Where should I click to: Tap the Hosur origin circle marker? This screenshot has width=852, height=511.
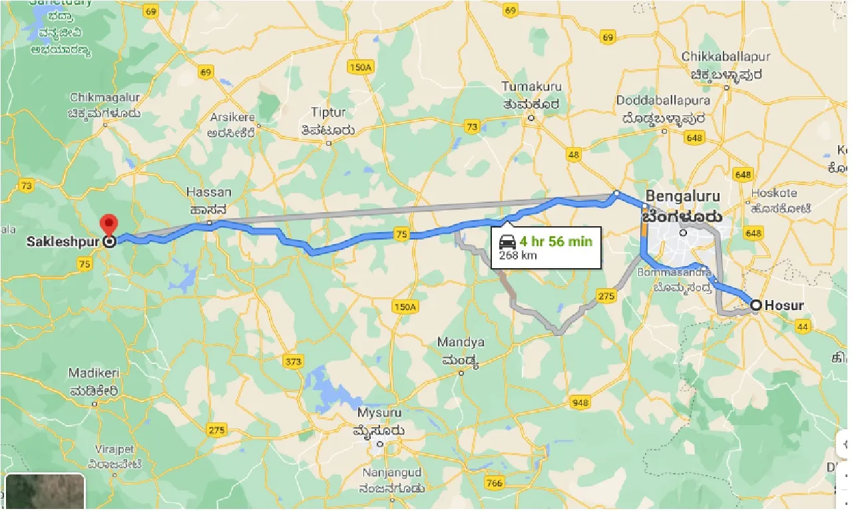pyautogui.click(x=756, y=305)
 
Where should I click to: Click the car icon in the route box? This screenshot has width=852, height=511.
pyautogui.click(x=507, y=242)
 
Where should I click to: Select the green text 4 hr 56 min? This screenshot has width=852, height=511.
pyautogui.click(x=556, y=241)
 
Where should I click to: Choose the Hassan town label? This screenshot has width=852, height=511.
pyautogui.click(x=209, y=192)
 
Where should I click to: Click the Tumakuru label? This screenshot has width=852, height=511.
pyautogui.click(x=531, y=87)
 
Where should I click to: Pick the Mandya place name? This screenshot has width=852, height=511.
pyautogui.click(x=461, y=343)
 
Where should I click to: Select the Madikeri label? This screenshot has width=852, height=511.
pyautogui.click(x=95, y=373)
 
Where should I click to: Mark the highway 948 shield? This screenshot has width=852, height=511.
pyautogui.click(x=580, y=402)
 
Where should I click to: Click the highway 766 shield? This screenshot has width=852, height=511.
pyautogui.click(x=495, y=483)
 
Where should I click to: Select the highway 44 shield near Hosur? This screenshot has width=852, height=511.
pyautogui.click(x=803, y=326)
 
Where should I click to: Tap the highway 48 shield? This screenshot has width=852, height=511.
pyautogui.click(x=574, y=155)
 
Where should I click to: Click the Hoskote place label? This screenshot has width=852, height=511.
pyautogui.click(x=774, y=193)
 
